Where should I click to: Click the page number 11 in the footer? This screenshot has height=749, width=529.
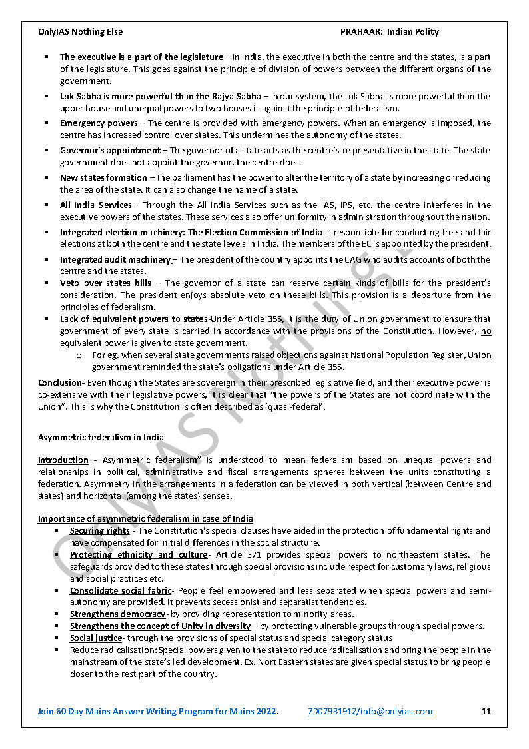click(x=486, y=711)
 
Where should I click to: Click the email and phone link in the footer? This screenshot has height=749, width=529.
click(x=370, y=711)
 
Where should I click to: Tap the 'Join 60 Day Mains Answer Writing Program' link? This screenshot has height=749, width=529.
click(x=157, y=711)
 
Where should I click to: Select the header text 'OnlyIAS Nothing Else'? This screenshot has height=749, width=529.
click(x=80, y=31)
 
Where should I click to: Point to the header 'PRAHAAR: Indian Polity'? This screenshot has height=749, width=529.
click(x=389, y=31)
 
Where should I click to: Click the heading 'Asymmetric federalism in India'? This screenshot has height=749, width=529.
click(x=101, y=438)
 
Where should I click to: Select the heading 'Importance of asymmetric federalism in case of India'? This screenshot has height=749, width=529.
click(x=145, y=519)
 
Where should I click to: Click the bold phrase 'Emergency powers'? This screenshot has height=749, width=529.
click(x=99, y=123)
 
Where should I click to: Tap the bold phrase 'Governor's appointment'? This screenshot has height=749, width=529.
click(x=110, y=151)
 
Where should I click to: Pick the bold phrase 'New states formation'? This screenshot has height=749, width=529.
click(x=103, y=178)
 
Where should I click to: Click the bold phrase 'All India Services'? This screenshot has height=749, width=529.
click(x=96, y=205)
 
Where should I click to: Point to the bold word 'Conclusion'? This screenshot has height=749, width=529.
click(x=59, y=383)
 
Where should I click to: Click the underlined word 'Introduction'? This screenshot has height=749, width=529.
click(x=63, y=460)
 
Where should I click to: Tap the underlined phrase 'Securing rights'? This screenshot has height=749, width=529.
click(x=100, y=531)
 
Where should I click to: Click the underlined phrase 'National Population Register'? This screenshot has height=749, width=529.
click(x=406, y=355)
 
